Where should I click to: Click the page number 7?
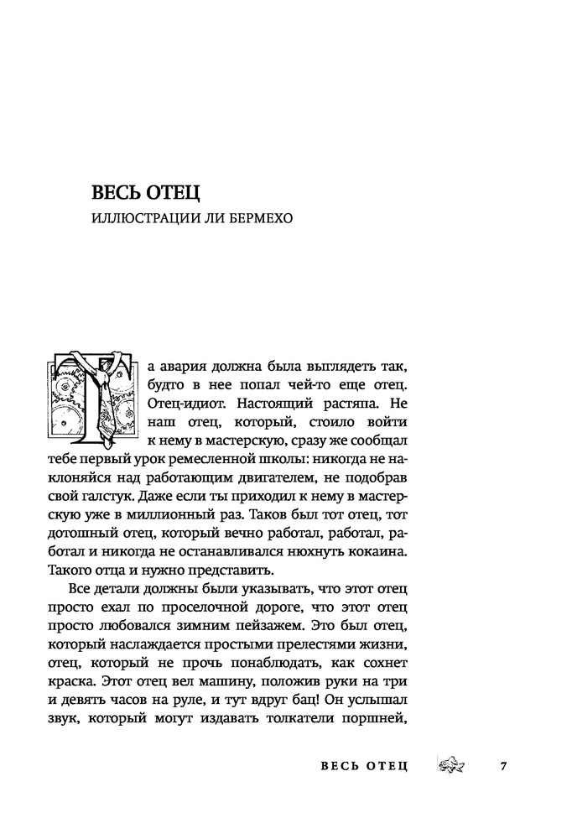pos(502,766)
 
